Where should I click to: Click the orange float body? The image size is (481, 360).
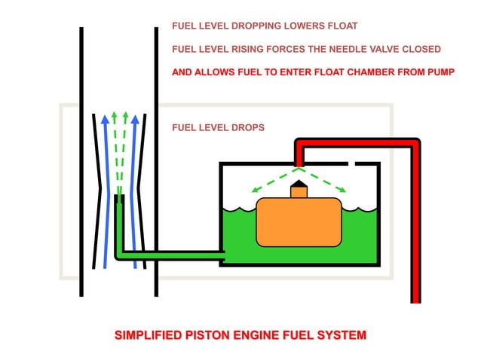pyautogui.click(x=299, y=222)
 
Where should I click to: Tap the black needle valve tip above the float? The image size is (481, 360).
pyautogui.click(x=299, y=183)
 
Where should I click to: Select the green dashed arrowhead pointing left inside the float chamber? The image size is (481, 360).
pyautogui.click(x=255, y=191)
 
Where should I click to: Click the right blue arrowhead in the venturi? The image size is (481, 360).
pyautogui.click(x=136, y=118)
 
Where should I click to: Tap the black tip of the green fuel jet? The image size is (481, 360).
pyautogui.click(x=118, y=199)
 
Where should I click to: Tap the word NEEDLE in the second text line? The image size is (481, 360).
pyautogui.click(x=332, y=50)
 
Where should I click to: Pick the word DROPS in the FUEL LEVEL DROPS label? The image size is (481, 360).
pyautogui.click(x=247, y=127)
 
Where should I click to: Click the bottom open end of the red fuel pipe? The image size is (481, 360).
pyautogui.click(x=415, y=300)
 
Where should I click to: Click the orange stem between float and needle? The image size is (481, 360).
pyautogui.click(x=299, y=192)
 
